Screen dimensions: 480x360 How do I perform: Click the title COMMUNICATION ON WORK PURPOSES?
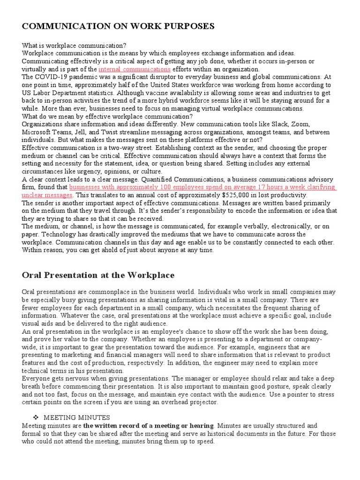coord(118,26)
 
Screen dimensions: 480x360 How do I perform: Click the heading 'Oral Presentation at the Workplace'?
coord(98,275)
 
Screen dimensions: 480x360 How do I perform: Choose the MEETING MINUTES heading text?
coord(77,417)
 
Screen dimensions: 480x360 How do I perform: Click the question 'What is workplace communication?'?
coord(74,45)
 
